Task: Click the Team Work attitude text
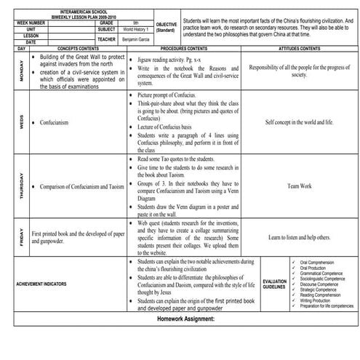299,186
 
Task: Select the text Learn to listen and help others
299,237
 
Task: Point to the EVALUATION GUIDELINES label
274,284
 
